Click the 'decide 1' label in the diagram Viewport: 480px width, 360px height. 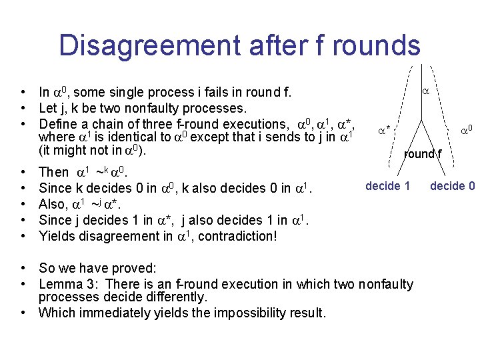[x=388, y=186]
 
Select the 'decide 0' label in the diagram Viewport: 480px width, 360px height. [x=453, y=186]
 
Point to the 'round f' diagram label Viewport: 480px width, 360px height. [x=422, y=155]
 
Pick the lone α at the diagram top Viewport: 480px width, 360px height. [x=425, y=87]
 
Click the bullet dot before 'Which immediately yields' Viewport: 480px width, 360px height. [x=23, y=313]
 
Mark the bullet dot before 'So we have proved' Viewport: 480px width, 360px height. [x=23, y=269]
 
